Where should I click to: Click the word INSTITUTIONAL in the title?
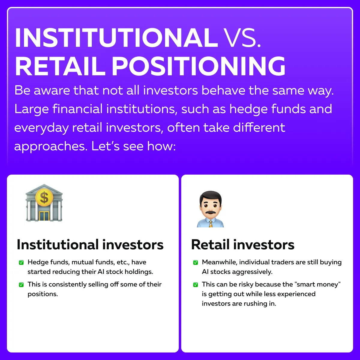pos(116,38)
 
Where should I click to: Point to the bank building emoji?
pos(44,203)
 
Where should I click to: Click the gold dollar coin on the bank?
pos(44,197)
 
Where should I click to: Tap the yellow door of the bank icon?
pos(44,216)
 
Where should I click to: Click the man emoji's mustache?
pos(211,212)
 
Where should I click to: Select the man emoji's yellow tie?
pos(211,223)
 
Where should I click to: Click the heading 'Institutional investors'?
pos(90,244)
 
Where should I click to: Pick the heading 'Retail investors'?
pos(243,244)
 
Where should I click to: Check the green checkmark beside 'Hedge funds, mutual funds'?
pos(21,262)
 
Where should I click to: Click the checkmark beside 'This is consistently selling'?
pos(21,285)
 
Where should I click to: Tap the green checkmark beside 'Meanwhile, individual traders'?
pos(196,262)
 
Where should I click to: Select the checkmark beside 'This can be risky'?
pos(196,285)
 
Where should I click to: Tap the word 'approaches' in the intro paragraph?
pos(51,146)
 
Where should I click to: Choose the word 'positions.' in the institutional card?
pos(43,294)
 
